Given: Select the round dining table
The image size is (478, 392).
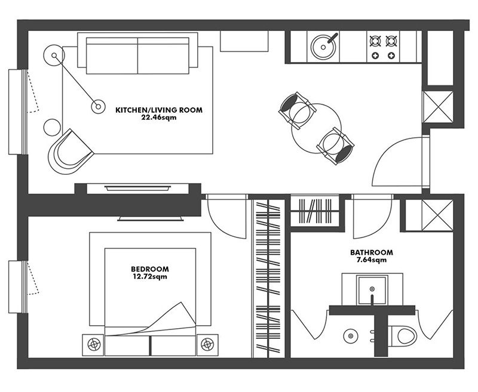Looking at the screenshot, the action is point(316,129).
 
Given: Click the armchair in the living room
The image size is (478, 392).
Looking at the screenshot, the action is point(70,152).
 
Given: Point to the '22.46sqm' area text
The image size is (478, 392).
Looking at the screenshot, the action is point(159,118).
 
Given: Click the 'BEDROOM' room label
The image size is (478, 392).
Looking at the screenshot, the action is point(150,269).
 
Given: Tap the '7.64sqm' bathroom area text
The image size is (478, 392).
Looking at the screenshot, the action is point(371,260).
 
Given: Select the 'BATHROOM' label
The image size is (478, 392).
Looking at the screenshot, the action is point(371,252).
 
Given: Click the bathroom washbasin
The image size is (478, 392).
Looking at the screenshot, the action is point(372,290).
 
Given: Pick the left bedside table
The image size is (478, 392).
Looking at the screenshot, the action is point(93,345).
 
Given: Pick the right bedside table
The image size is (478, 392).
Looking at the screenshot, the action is point(207,345).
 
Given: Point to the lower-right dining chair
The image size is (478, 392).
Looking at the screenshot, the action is point(336,146).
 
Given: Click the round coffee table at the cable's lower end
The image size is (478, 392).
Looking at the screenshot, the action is point(98,106).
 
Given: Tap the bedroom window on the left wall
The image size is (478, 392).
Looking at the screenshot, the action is point(19,286).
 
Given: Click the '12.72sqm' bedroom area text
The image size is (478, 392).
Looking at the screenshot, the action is point(150,277).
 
